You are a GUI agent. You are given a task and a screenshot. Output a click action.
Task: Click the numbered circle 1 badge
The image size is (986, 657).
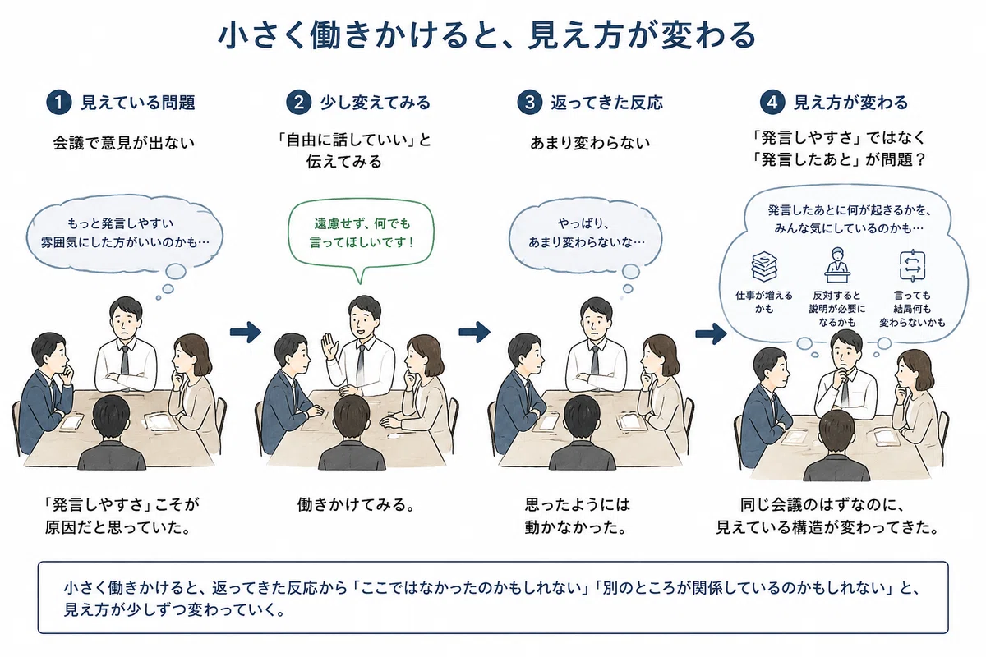coord(58,103)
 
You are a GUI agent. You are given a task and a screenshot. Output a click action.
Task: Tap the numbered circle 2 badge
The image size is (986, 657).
coord(298,103)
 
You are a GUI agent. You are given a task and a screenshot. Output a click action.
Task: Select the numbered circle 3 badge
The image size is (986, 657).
coord(529,103)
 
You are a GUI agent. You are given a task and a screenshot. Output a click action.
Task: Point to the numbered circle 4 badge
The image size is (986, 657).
coord(772,103)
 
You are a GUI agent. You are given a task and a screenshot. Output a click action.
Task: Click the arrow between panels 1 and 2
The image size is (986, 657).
coord(245,332)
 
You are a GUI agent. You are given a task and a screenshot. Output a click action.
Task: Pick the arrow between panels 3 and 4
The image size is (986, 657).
coord(711,333)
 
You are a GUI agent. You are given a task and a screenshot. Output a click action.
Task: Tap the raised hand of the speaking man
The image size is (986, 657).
coord(329,346)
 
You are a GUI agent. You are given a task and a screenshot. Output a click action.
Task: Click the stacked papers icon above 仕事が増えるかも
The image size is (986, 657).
coord(763,266)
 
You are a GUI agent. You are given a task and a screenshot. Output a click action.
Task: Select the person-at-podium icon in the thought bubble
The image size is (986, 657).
coord(836,265)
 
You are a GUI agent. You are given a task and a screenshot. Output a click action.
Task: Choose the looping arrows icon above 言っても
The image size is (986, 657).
coord(912,265)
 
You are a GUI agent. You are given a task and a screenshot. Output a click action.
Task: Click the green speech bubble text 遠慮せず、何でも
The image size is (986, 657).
coord(362,224)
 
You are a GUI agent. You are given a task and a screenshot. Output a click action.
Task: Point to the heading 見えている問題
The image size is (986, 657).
coord(138,103)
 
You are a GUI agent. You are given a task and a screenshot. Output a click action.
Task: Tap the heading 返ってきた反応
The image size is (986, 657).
coord(606,103)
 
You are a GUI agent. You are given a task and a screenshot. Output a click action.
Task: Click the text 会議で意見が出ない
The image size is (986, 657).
coord(124,143)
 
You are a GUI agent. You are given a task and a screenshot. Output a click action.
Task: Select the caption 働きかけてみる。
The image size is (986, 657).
coord(357,504)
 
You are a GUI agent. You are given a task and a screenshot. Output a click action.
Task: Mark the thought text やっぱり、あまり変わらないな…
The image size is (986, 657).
coord(586,232)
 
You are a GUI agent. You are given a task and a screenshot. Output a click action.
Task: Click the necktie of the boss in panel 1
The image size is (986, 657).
coord(125,361)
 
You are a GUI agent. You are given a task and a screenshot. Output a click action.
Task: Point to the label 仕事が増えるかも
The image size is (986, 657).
coord(763,302)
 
